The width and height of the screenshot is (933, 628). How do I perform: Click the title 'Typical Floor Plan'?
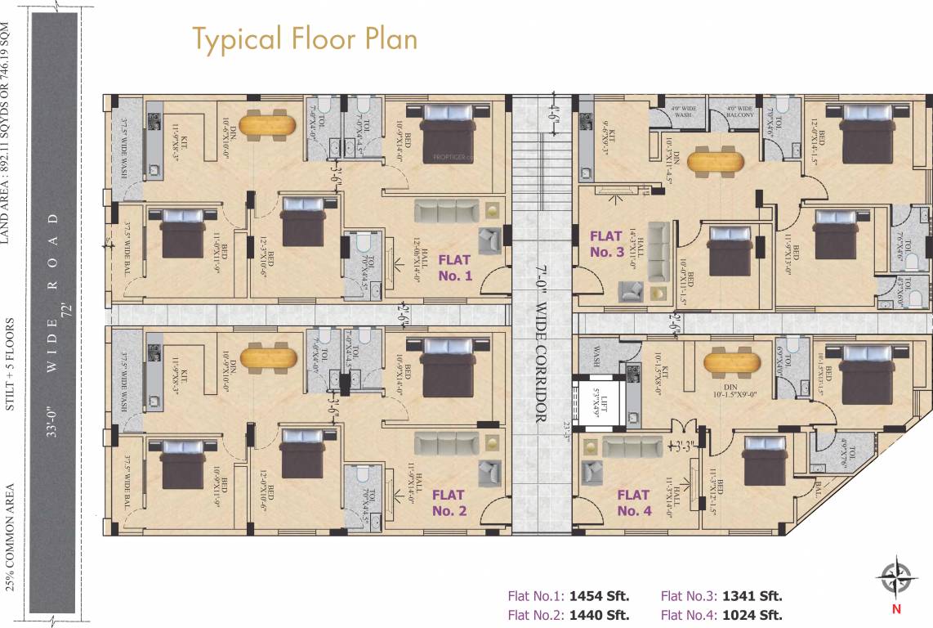pos(305,38)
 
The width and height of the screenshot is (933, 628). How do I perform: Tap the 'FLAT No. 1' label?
pos(455,267)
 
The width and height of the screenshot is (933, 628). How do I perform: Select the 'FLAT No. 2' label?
pos(449,503)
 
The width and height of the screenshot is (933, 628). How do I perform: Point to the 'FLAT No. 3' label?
pos(606,244)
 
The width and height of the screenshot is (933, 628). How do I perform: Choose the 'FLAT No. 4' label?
pos(633,503)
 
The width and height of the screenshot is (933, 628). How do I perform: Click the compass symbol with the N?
pos(896,578)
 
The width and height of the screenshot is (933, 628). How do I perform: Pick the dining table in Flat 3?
pos(715,160)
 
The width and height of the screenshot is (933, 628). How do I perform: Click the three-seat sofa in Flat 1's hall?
pos(446,211)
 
